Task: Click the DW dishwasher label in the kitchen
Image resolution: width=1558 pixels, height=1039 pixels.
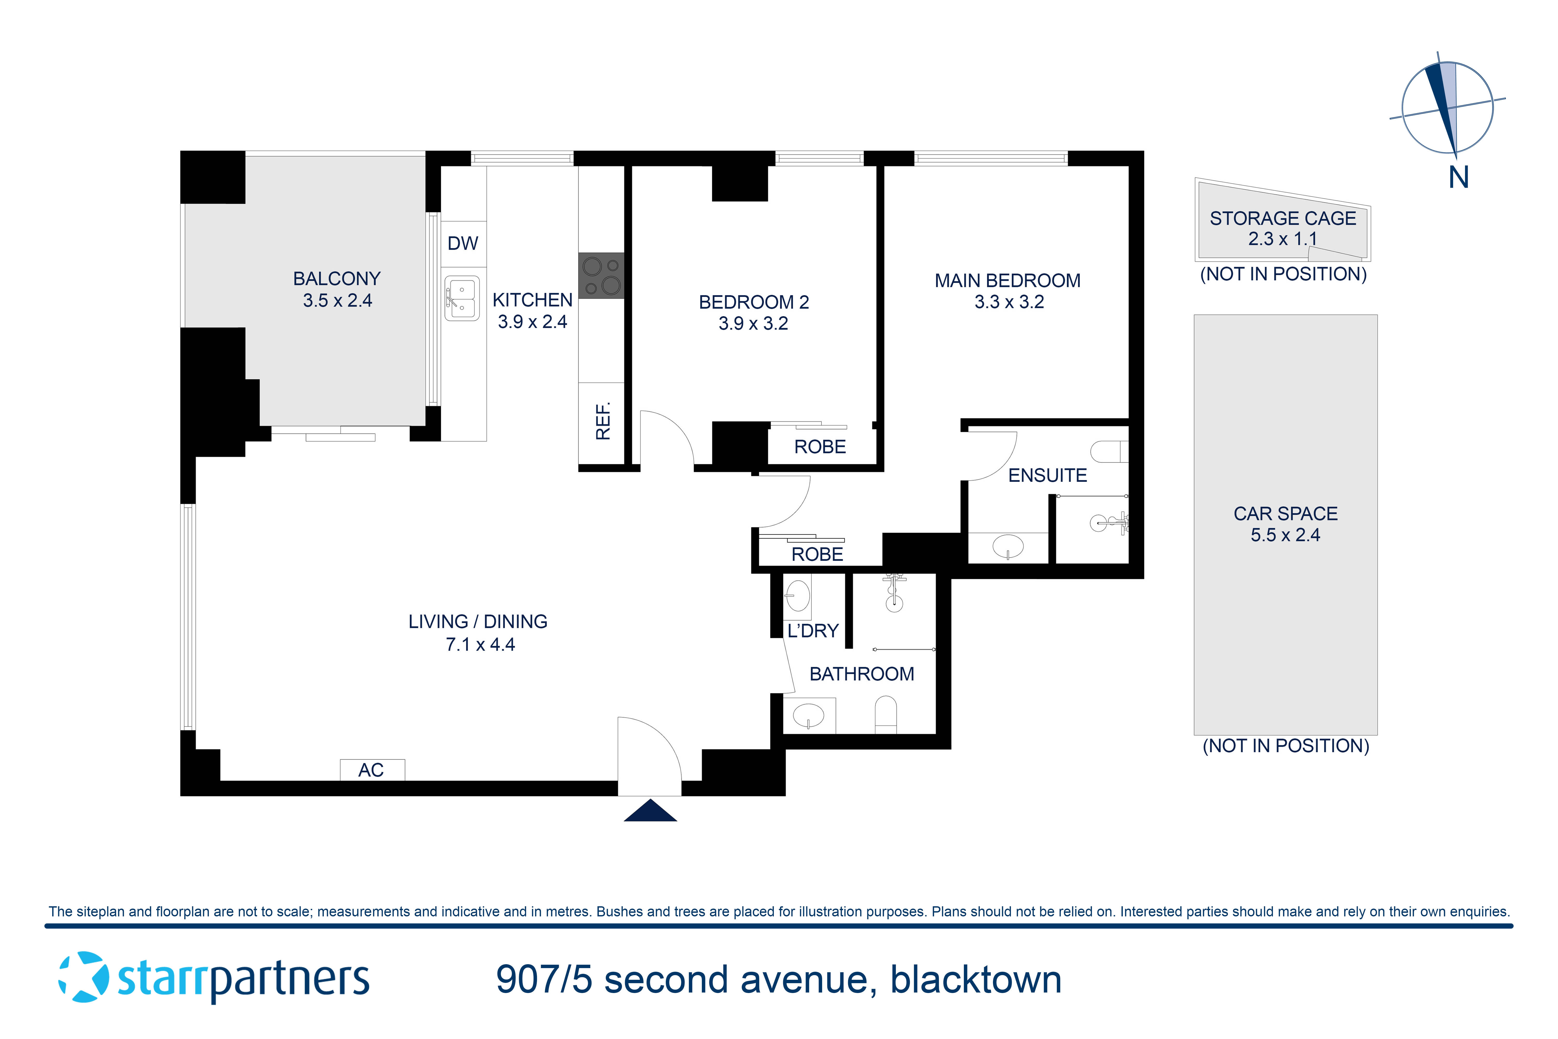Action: pyautogui.click(x=462, y=243)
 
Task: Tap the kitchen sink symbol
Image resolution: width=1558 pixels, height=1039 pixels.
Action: pyautogui.click(x=462, y=298)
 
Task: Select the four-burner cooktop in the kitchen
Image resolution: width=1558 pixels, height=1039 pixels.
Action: pyautogui.click(x=601, y=276)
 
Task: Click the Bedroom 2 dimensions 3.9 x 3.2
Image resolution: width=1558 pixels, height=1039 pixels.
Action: pyautogui.click(x=753, y=323)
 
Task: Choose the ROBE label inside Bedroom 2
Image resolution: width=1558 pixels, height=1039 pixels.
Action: pyautogui.click(x=820, y=447)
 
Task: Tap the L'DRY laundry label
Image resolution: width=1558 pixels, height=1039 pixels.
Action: pyautogui.click(x=813, y=631)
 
